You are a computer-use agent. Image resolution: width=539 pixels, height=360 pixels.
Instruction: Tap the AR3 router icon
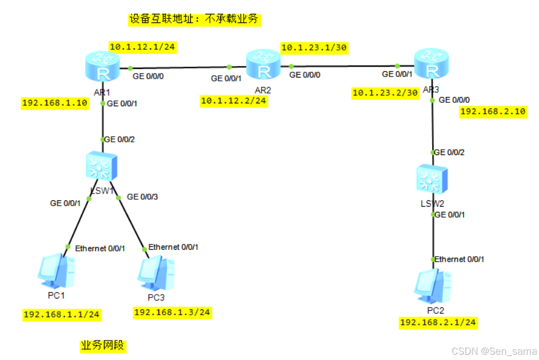pos(432,64)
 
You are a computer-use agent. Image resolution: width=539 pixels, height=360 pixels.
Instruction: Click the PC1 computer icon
pos(56,271)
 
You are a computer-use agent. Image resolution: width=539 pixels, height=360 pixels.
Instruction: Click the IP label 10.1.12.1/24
pos(142,47)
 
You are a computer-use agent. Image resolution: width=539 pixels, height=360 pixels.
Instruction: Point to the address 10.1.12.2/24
pos(234,101)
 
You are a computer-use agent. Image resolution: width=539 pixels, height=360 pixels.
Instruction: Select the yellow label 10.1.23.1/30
pos(314,47)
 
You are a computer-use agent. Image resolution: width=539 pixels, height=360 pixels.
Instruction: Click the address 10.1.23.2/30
pos(385,92)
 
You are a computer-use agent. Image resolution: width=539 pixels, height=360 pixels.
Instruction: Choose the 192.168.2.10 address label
pos(493,111)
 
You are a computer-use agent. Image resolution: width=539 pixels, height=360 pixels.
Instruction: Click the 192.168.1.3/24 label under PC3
pos(172,312)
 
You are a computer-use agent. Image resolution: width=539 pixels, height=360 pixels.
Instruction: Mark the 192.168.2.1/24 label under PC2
pos(438,323)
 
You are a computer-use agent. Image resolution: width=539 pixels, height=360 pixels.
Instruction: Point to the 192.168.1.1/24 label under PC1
pos(61,315)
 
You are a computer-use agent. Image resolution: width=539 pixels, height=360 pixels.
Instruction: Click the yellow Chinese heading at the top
pos(195,20)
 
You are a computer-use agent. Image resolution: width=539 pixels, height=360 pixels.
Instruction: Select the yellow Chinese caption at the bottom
pos(103,346)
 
